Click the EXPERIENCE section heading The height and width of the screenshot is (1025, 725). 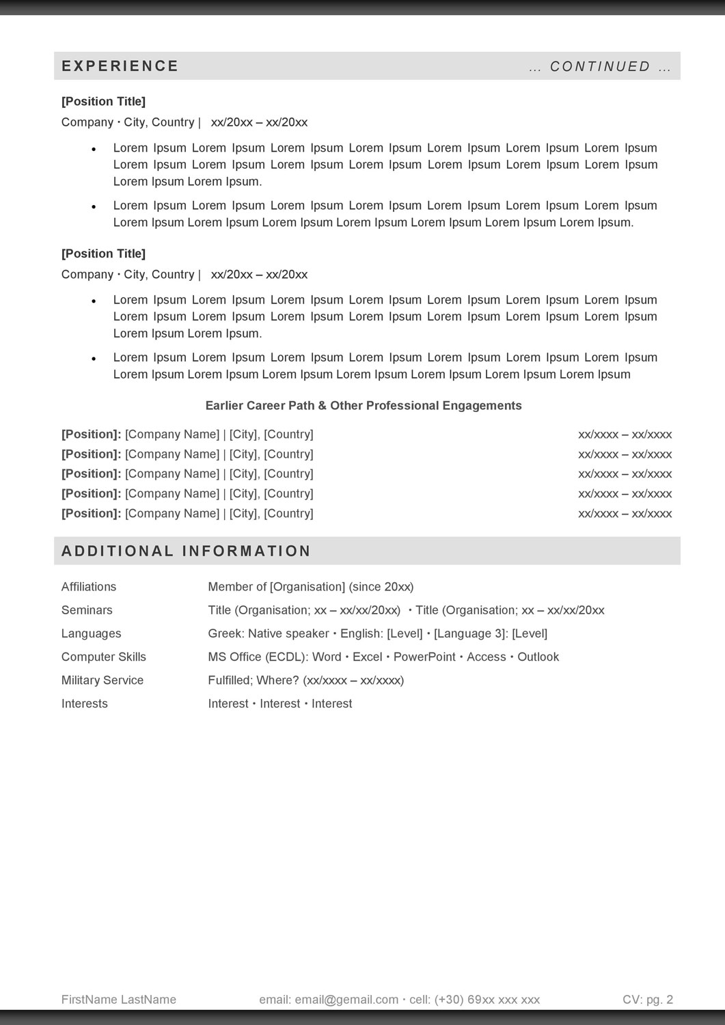(x=120, y=66)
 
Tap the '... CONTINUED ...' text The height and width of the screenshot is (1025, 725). (x=600, y=66)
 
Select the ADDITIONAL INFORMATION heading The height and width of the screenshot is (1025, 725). (x=186, y=551)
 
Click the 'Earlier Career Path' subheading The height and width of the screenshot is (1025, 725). (x=364, y=405)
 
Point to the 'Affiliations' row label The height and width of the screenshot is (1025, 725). (x=89, y=586)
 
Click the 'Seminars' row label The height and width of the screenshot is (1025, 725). (x=87, y=610)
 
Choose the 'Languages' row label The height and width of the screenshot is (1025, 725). (x=91, y=633)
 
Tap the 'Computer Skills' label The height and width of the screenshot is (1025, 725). (x=104, y=656)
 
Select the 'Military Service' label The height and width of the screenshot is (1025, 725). (x=102, y=680)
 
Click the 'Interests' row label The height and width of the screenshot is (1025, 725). (x=85, y=703)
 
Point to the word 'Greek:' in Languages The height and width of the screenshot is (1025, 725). (x=226, y=633)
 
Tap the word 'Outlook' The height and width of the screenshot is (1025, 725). (x=538, y=656)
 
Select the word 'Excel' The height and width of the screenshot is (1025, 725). (x=367, y=656)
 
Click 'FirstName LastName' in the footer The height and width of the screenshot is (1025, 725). (x=119, y=999)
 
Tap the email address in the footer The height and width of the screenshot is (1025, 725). (x=346, y=999)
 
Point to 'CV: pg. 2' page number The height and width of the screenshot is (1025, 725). (x=648, y=999)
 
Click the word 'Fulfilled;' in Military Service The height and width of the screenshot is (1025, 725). (x=230, y=680)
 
